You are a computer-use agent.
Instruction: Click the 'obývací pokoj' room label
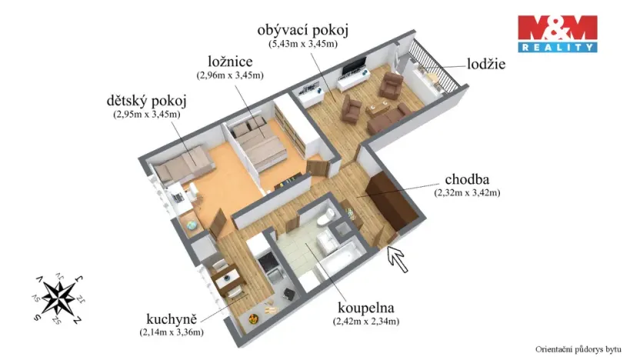coord(303,31)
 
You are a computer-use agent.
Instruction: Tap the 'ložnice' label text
coord(230,62)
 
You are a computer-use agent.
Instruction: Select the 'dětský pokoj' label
coord(146,101)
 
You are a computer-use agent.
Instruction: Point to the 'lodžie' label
coord(486,64)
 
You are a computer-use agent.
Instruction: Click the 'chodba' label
coord(467,179)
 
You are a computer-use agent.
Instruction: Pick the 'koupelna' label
coord(365,308)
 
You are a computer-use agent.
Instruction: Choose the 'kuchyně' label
coord(172,318)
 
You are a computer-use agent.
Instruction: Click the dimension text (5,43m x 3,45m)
coord(303,44)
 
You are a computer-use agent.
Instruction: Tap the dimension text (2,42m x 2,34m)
coord(366,322)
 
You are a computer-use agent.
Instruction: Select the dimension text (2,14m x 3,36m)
coord(172,332)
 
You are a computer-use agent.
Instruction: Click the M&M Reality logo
coord(558,34)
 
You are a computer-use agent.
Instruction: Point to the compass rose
coord(58,298)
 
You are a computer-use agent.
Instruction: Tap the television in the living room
coord(354,66)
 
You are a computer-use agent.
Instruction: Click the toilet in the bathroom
coord(327,217)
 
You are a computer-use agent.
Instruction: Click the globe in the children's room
coord(191,225)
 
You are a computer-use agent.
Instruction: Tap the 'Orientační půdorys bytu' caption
coord(578,349)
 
